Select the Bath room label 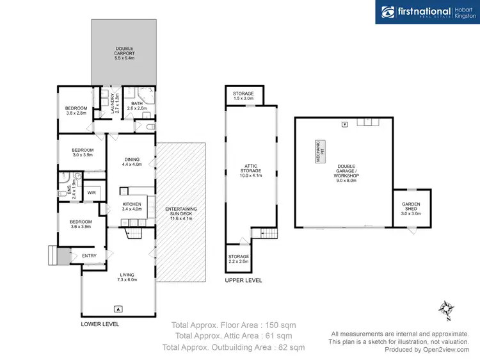pyautogui.click(x=137, y=106)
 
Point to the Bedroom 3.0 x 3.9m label pyautogui.click(x=83, y=152)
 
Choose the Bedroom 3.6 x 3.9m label pyautogui.click(x=81, y=225)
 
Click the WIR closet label pyautogui.click(x=92, y=192)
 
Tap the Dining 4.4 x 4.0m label pyautogui.click(x=131, y=161)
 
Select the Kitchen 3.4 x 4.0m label pyautogui.click(x=131, y=206)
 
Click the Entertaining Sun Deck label pyautogui.click(x=181, y=213)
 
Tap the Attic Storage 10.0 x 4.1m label pyautogui.click(x=251, y=172)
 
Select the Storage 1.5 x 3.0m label pyautogui.click(x=243, y=96)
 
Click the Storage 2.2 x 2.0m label pyautogui.click(x=239, y=259)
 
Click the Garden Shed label pyautogui.click(x=411, y=208)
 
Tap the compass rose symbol pyautogui.click(x=445, y=310)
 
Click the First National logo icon pyautogui.click(x=388, y=12)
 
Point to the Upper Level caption pyautogui.click(x=243, y=281)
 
